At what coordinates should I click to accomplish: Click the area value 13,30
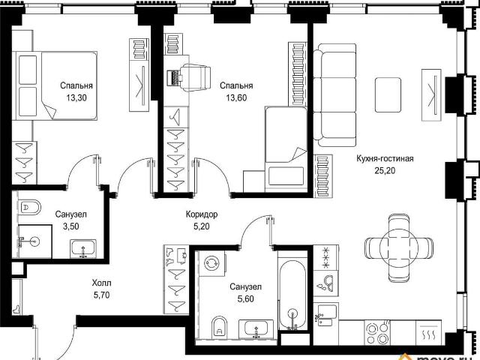[x=76, y=97]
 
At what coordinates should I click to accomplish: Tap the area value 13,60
[x=236, y=97]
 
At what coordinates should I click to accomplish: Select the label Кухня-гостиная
[x=385, y=158]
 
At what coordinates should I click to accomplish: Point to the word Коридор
[x=202, y=214]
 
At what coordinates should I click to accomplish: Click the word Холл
[x=102, y=283]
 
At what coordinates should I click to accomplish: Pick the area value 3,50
[x=71, y=226]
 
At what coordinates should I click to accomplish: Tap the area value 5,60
[x=246, y=298]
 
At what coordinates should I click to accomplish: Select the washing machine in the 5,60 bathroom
[x=211, y=263]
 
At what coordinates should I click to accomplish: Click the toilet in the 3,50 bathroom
[x=29, y=207]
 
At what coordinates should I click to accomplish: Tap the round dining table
[x=399, y=248]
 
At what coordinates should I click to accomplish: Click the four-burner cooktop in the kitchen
[x=378, y=332]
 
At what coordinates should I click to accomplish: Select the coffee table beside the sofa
[x=388, y=95]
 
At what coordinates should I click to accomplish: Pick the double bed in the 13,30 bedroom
[x=55, y=85]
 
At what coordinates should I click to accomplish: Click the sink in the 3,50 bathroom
[x=83, y=248]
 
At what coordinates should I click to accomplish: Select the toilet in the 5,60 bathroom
[x=220, y=326]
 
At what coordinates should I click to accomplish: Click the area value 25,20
[x=385, y=170]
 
